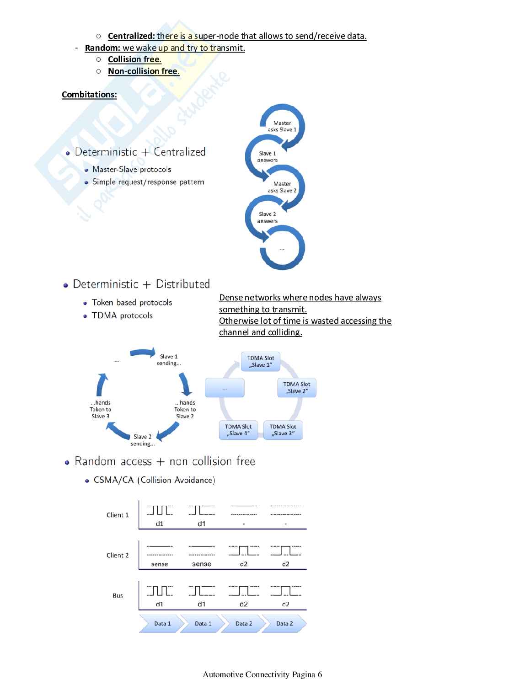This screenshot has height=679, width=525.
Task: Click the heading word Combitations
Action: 89,95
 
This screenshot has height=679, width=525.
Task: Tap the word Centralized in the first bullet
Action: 131,36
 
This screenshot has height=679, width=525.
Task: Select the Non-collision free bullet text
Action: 143,71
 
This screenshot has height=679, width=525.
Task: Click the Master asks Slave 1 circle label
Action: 282,126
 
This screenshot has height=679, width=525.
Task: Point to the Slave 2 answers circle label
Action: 268,218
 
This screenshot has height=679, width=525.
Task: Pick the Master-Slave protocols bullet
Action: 132,170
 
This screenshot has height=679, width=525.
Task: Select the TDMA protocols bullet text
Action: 122,315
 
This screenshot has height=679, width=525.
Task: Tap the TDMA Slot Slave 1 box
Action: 261,362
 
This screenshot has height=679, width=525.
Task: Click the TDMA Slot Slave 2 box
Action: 297,388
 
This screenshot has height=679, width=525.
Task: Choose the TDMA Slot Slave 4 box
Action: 238,430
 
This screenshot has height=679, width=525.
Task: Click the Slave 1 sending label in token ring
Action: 169,360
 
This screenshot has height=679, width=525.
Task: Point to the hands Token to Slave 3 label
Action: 101,410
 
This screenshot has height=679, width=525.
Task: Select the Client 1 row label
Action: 118,515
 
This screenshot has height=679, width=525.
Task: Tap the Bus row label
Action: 118,596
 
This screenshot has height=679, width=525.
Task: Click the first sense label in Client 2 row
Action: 160,564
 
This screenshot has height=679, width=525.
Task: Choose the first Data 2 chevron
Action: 243,624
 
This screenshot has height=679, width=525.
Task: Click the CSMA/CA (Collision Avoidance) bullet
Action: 154,480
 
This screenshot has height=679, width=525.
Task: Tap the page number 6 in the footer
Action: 320,674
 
